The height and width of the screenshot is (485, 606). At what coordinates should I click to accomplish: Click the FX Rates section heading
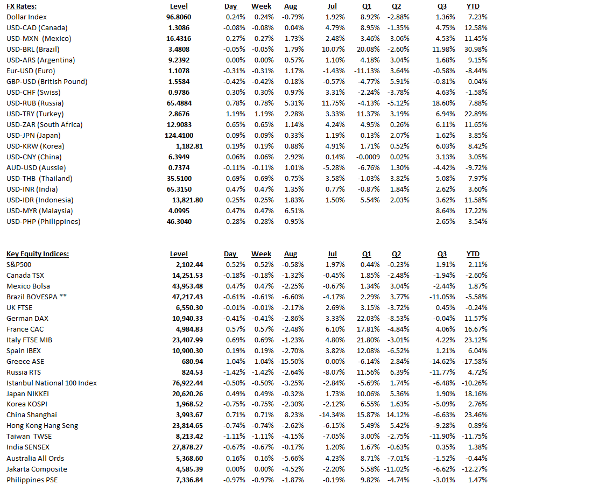pyautogui.click(x=21, y=6)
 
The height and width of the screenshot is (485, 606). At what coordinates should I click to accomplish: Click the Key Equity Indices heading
pyautogui.click(x=38, y=254)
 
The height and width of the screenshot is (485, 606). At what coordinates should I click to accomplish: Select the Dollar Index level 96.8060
pyautogui.click(x=179, y=17)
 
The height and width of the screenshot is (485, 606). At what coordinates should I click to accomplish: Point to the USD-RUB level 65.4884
pyautogui.click(x=179, y=103)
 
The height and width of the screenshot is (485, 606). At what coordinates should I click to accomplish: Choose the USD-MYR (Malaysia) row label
pyautogui.click(x=40, y=210)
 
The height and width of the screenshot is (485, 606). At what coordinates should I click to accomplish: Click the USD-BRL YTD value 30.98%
pyautogui.click(x=476, y=49)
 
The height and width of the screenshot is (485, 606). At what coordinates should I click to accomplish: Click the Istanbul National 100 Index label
pyautogui.click(x=52, y=383)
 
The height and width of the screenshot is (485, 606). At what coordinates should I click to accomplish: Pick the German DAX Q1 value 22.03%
pyautogui.click(x=369, y=318)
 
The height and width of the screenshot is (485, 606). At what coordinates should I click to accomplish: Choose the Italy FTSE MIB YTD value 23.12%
pyautogui.click(x=476, y=340)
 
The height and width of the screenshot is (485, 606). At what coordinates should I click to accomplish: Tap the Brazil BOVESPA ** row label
pyautogui.click(x=37, y=297)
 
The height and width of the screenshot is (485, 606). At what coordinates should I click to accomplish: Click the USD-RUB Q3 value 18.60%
pyautogui.click(x=444, y=103)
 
